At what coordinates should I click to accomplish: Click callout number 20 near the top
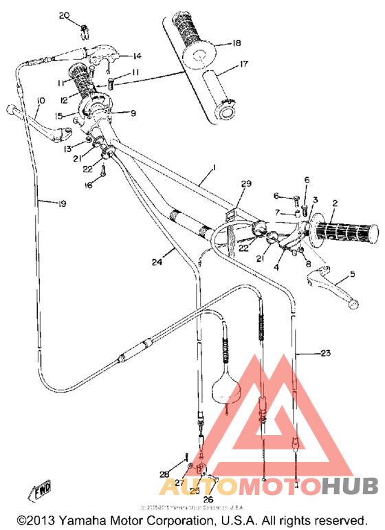(65, 15)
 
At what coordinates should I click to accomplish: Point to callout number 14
(137, 56)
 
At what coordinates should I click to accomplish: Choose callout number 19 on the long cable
(62, 203)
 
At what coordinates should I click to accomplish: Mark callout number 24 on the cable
(157, 261)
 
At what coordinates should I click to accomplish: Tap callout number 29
(246, 184)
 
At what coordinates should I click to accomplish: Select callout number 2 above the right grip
(335, 203)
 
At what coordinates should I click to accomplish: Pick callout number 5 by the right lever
(353, 274)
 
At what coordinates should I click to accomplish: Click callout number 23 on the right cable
(325, 353)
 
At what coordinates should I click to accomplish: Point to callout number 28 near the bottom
(164, 474)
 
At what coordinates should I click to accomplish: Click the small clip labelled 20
(86, 29)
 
